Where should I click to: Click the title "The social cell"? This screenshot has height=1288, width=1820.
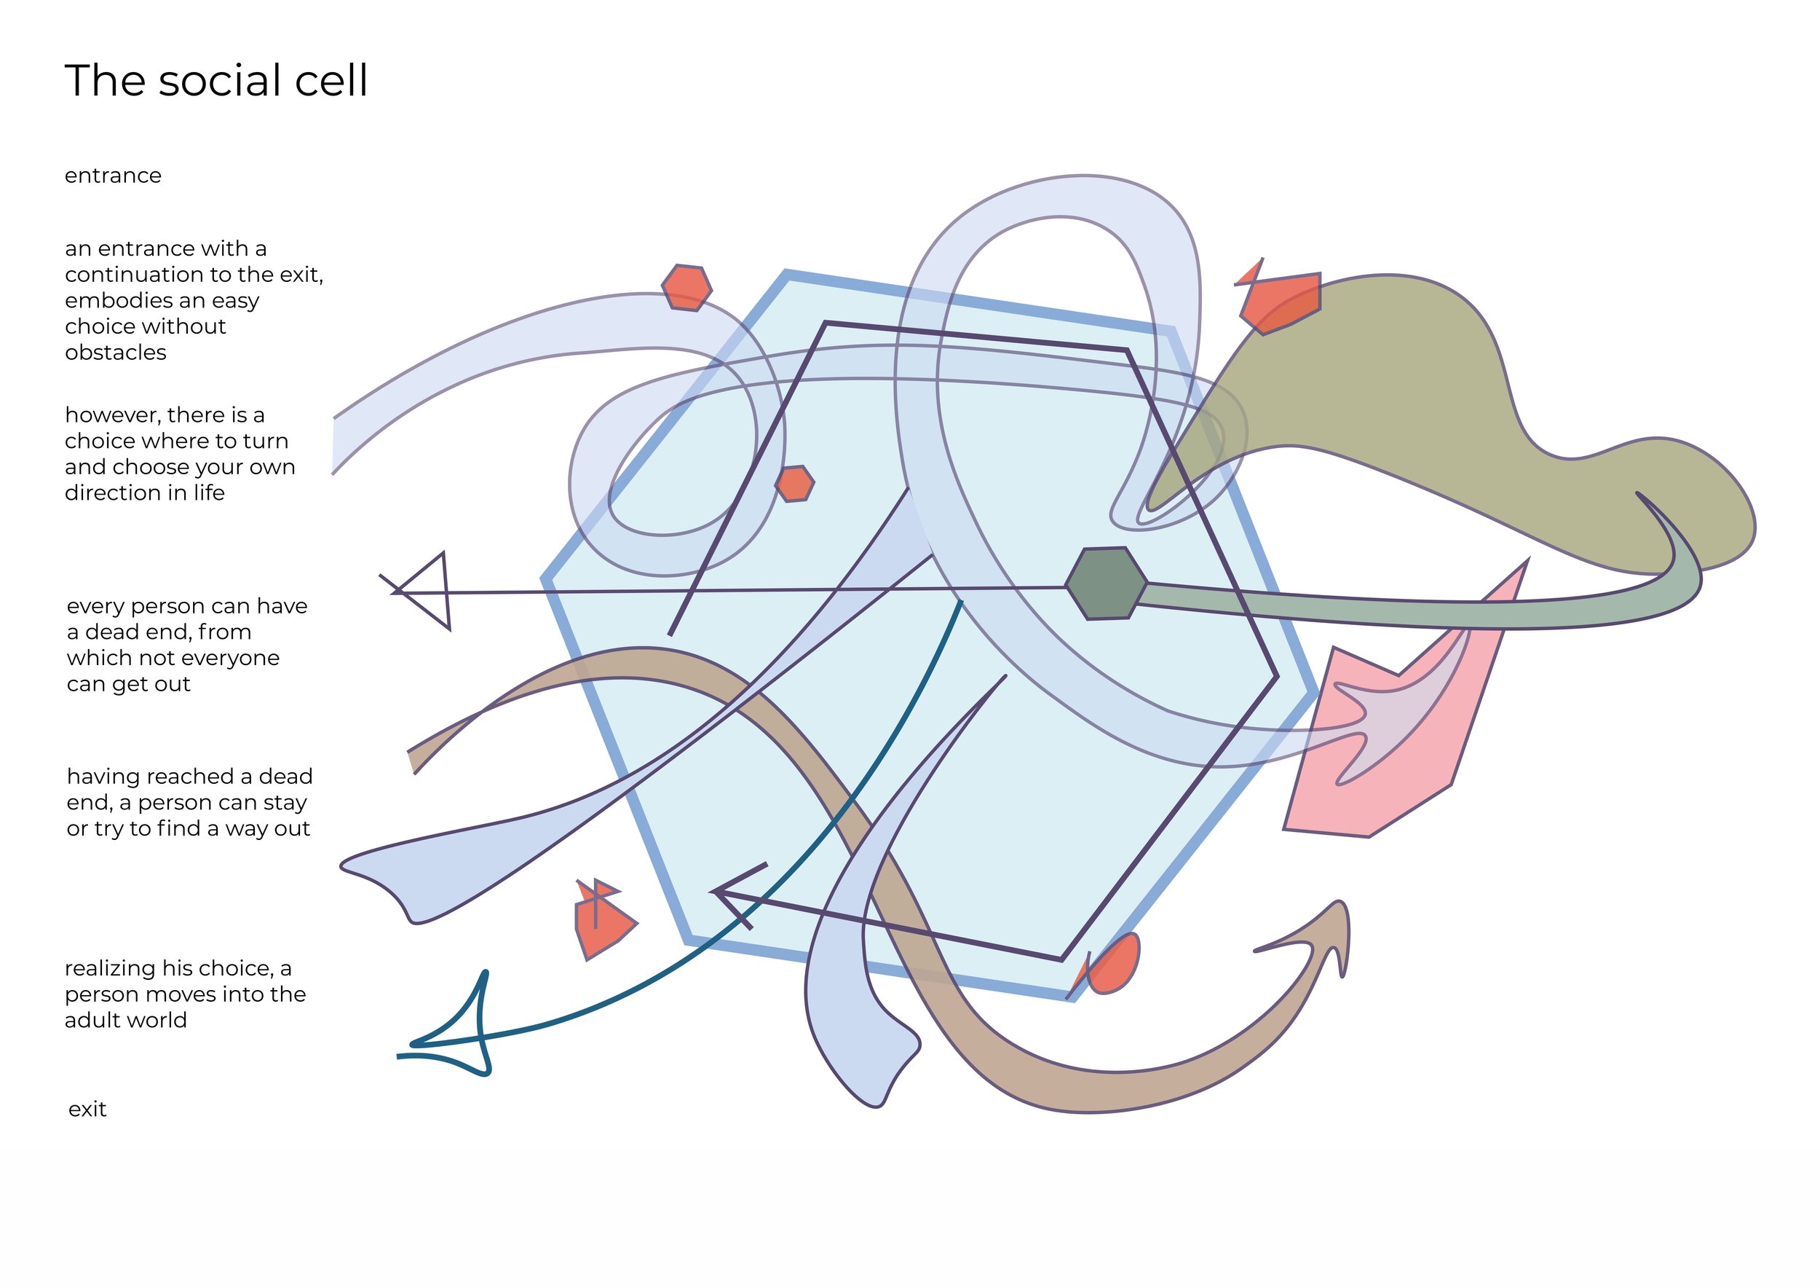215,81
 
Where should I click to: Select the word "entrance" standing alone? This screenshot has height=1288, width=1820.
113,176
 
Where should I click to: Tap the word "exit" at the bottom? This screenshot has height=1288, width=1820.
87,1109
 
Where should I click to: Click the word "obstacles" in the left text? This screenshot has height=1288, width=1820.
116,353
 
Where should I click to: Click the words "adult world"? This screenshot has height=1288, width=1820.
126,1020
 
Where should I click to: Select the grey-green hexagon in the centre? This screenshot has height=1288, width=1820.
1106,583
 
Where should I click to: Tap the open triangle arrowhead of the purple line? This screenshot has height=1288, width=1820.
422,591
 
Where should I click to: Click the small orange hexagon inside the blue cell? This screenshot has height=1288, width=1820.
794,484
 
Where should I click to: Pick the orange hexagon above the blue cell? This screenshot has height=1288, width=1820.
687,288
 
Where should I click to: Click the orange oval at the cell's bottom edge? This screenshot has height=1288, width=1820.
1113,964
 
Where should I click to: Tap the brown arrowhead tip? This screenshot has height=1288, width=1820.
1339,903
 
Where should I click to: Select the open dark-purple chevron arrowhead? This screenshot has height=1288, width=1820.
737,895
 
